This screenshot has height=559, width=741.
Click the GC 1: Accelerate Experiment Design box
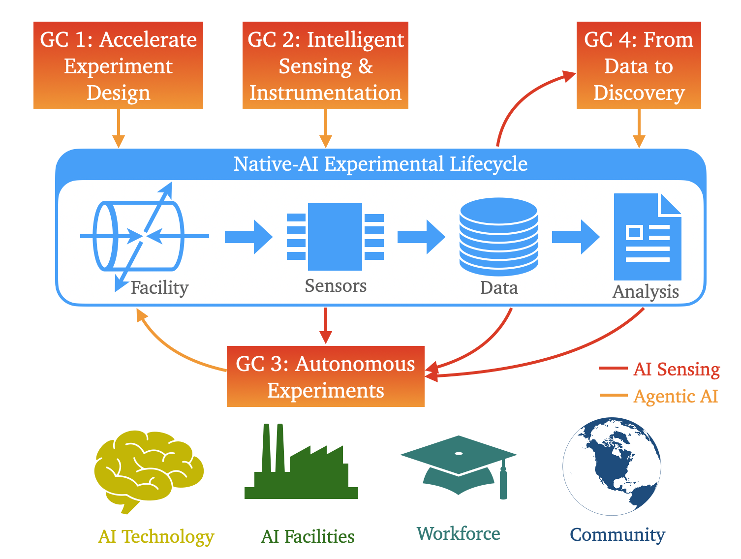pyautogui.click(x=118, y=65)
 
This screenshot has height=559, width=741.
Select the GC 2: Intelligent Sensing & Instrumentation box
pyautogui.click(x=325, y=65)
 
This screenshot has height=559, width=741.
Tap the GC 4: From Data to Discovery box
pyautogui.click(x=639, y=65)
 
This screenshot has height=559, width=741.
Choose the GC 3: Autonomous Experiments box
pyautogui.click(x=325, y=376)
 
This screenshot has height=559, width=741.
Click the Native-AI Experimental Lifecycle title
pyautogui.click(x=380, y=164)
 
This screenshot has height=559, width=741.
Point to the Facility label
pyautogui.click(x=159, y=288)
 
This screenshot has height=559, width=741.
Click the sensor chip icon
pyautogui.click(x=335, y=237)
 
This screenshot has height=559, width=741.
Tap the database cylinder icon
pyautogui.click(x=498, y=237)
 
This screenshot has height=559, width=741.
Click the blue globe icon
pyautogui.click(x=612, y=466)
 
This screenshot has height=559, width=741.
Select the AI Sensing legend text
pyautogui.click(x=677, y=369)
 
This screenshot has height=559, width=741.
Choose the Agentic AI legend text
pyautogui.click(x=676, y=396)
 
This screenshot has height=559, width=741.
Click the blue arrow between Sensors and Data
pyautogui.click(x=421, y=237)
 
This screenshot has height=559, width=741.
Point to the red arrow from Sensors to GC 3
pyautogui.click(x=325, y=325)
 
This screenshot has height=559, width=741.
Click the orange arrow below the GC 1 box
pyautogui.click(x=118, y=128)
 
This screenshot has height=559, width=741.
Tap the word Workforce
pyautogui.click(x=458, y=533)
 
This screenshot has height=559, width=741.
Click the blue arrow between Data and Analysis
pyautogui.click(x=575, y=237)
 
